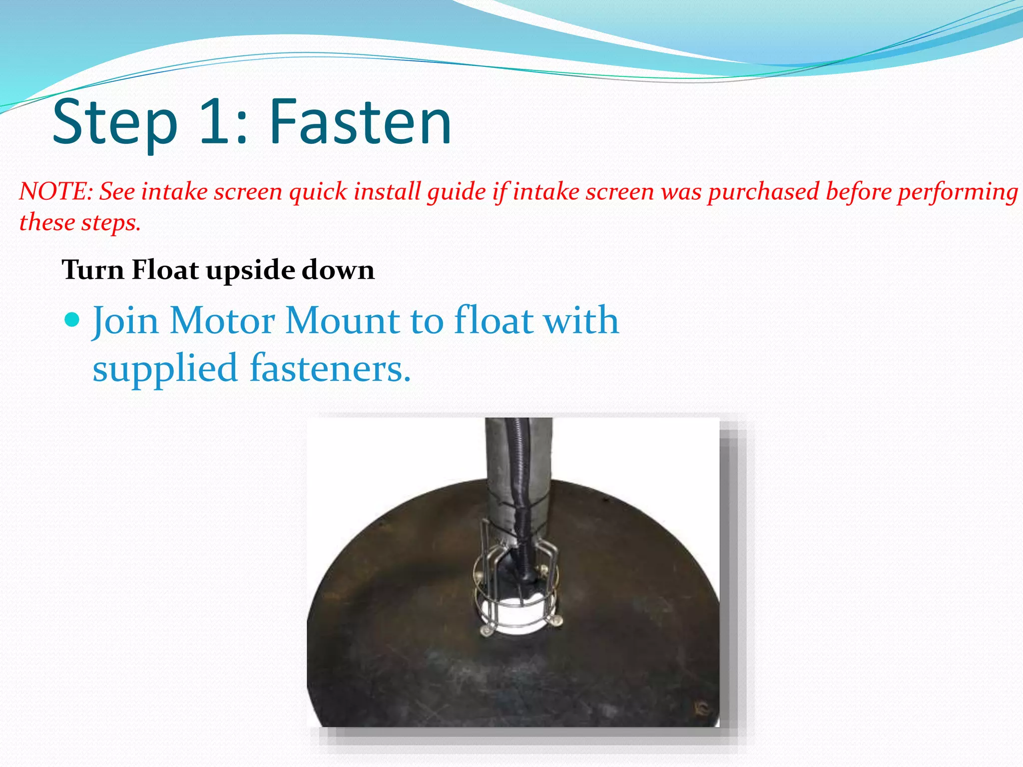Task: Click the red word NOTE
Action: coord(55,192)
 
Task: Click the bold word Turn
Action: coord(93,270)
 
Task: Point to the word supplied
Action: coord(165,369)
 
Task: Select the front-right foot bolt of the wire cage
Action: coord(556,621)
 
